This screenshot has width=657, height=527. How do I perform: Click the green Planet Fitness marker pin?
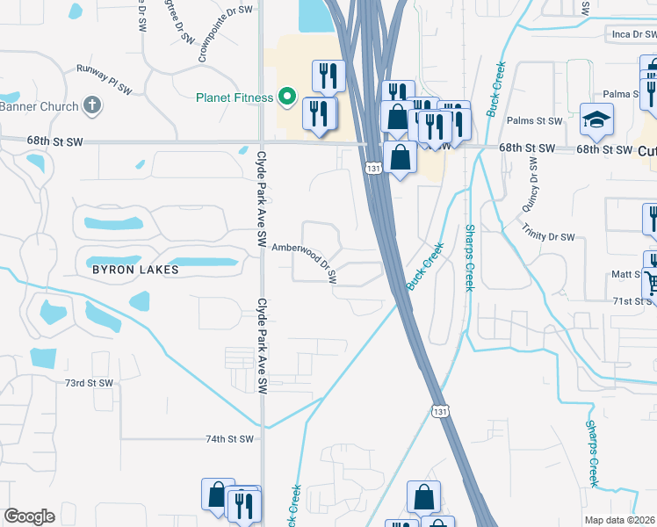[286, 97]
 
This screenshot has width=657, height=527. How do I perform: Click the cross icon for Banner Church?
[91, 106]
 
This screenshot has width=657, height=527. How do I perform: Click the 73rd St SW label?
[89, 383]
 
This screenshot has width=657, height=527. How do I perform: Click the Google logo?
[29, 516]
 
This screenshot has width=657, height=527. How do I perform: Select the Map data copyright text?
[620, 520]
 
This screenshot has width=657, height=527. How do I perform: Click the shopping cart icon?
[651, 283]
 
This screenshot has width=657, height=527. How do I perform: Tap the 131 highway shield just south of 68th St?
[373, 167]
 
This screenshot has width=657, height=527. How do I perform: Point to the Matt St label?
[627, 275]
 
